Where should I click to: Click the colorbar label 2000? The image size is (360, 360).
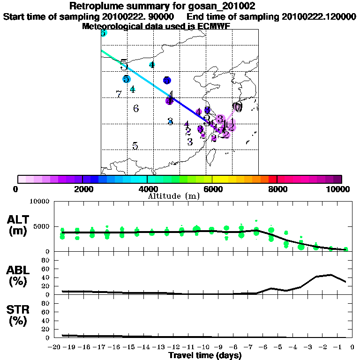[82, 189]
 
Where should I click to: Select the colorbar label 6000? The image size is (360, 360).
[212, 189]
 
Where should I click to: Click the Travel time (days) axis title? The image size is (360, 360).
[205, 356]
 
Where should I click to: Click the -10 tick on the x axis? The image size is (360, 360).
[202, 347]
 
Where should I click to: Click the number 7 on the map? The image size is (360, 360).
[119, 94]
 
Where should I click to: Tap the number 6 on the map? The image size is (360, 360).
[136, 109]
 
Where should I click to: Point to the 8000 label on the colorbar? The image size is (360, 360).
[277, 189]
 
